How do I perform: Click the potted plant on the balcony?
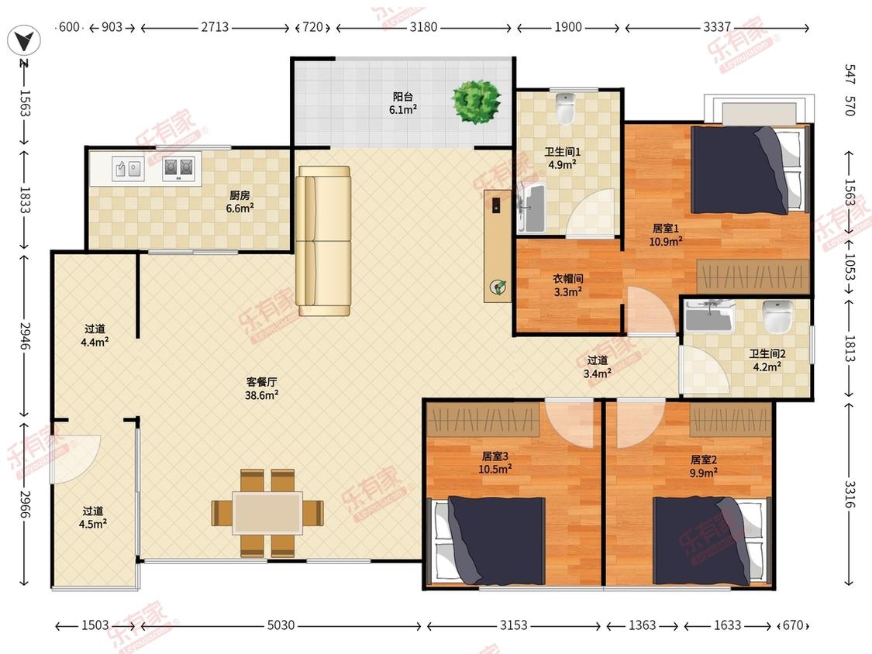(475, 102)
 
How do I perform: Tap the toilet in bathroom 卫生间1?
(566, 108)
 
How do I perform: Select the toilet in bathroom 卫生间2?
(777, 316)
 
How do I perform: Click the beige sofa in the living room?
(323, 241)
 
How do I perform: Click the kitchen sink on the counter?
(128, 168)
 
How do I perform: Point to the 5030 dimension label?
(281, 625)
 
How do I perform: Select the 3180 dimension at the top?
(423, 26)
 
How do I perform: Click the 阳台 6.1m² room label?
(402, 103)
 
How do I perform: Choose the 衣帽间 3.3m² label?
(568, 285)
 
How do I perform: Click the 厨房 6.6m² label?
(240, 202)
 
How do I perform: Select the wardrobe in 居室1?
(753, 277)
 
